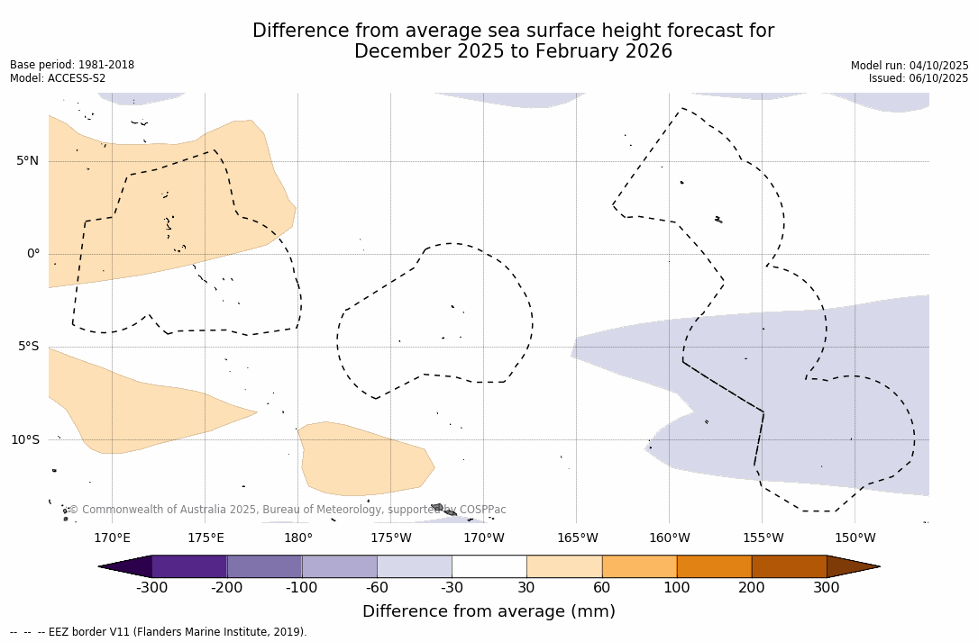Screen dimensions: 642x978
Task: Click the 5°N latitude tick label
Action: pyautogui.click(x=27, y=161)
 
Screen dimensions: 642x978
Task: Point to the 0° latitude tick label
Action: pyautogui.click(x=33, y=254)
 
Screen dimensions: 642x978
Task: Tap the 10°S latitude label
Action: pyautogui.click(x=24, y=440)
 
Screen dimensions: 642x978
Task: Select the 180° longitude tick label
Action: pyautogui.click(x=298, y=538)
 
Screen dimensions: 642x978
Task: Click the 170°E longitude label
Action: pyautogui.click(x=112, y=538)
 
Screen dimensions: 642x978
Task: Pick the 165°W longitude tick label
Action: pyautogui.click(x=577, y=538)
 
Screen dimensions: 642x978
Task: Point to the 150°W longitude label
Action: pyautogui.click(x=855, y=538)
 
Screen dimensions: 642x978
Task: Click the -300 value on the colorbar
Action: pyautogui.click(x=152, y=588)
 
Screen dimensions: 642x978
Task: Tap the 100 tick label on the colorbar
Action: pyautogui.click(x=677, y=588)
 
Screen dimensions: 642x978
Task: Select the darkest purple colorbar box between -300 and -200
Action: pyautogui.click(x=189, y=566)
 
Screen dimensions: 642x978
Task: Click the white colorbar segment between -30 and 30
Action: pyautogui.click(x=489, y=566)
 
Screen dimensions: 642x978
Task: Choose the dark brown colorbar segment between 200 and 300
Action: pyautogui.click(x=789, y=566)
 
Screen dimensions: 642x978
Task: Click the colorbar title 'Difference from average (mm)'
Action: pyautogui.click(x=489, y=612)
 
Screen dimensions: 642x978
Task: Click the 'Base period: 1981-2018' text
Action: pyautogui.click(x=72, y=65)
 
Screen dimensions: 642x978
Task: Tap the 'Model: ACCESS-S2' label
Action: pyautogui.click(x=58, y=78)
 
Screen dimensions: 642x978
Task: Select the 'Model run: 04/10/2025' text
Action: pyautogui.click(x=909, y=66)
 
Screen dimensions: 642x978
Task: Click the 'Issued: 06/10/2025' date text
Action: pyautogui.click(x=919, y=78)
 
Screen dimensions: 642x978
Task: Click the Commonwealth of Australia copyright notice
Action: pyautogui.click(x=288, y=510)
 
